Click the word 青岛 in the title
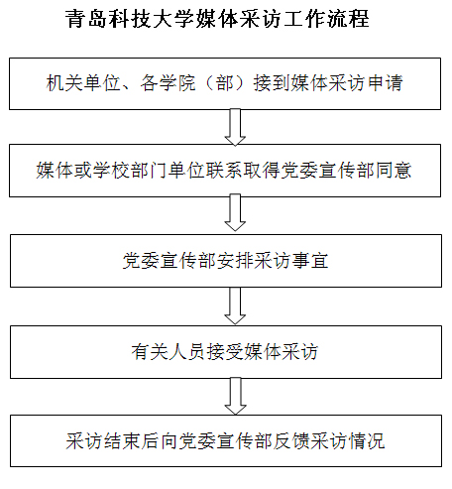86,19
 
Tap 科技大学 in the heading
151,19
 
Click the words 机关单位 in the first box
83,82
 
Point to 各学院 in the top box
168,82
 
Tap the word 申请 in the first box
386,82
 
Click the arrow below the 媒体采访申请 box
235,127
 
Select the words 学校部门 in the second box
130,171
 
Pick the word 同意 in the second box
394,171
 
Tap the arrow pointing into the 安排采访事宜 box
235,212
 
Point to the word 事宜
310,261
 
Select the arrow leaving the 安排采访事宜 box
235,306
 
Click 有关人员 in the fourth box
168,351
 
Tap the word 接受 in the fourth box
224,351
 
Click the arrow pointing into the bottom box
235,396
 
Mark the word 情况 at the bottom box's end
367,440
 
